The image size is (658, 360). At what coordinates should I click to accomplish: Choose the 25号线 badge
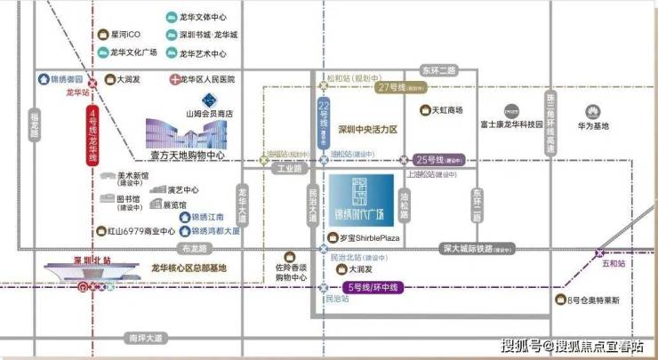[439, 160]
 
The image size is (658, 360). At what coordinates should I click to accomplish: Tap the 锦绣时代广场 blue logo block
[362, 204]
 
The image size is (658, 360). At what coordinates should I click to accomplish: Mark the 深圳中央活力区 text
[366, 130]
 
